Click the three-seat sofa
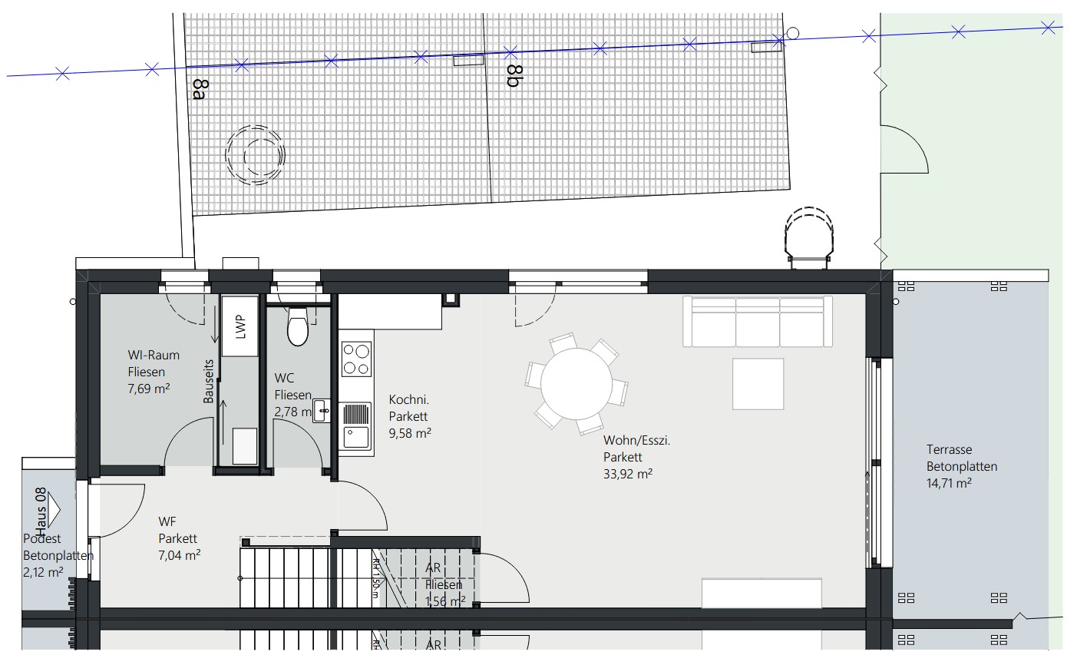(x=758, y=322)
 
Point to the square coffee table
(x=758, y=384)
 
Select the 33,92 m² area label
(x=628, y=474)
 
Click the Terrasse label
(x=949, y=450)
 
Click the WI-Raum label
(x=154, y=355)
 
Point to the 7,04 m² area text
(x=180, y=554)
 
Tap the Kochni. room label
(x=408, y=399)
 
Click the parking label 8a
(x=200, y=89)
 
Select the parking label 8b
(x=514, y=76)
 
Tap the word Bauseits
(x=208, y=381)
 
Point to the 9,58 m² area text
(x=410, y=432)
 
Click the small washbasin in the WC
(x=323, y=412)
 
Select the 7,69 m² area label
(x=149, y=389)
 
